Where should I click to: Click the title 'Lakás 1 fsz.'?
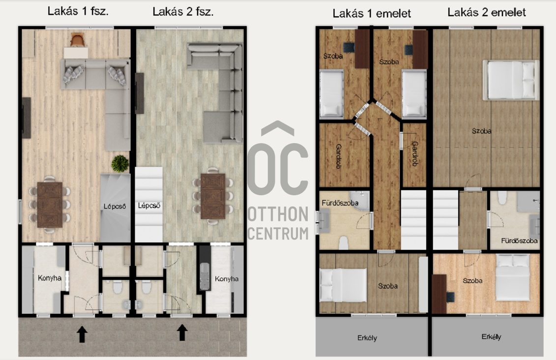78,11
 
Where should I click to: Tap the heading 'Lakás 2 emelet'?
487,12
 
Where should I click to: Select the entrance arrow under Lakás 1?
82,334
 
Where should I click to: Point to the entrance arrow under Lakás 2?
182,332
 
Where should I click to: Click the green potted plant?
120,163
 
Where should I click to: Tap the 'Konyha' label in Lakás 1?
50,278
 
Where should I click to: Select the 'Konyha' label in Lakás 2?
227,279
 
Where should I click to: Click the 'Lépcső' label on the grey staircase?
115,206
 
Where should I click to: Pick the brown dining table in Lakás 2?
213,196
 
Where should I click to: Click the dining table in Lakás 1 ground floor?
50,205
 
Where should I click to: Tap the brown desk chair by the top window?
78,40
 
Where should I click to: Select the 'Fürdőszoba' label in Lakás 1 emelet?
340,203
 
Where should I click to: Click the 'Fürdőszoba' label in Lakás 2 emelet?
519,241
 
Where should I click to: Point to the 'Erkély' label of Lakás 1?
367,338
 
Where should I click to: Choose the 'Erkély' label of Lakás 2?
491,336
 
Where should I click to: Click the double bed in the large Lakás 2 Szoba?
511,80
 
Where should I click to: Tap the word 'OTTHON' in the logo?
278,214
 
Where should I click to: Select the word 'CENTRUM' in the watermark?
278,234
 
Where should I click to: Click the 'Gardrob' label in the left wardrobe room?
339,156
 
